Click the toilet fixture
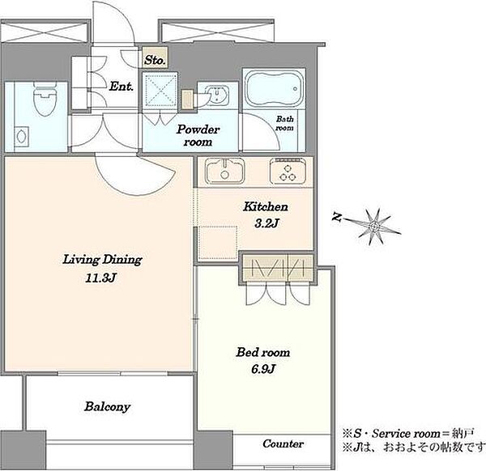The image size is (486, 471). click(45, 99)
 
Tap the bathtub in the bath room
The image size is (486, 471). click(274, 88)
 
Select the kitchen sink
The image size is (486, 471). click(225, 171)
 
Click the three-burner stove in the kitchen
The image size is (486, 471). click(288, 172)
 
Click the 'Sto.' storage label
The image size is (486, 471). click(155, 60)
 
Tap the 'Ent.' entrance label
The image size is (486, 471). click(122, 86)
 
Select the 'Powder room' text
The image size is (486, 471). click(198, 135)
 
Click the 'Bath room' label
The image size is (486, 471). click(284, 123)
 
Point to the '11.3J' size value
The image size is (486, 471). click(100, 278)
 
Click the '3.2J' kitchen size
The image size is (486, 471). click(266, 223)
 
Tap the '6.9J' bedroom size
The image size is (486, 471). click(263, 368)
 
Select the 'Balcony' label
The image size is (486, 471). click(107, 407)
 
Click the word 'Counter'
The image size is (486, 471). click(283, 443)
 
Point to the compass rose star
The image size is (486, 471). click(373, 227)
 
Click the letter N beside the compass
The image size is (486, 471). click(337, 217)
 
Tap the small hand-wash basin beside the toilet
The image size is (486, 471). click(22, 136)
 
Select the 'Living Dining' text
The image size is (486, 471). click(102, 260)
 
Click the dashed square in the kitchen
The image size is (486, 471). click(218, 243)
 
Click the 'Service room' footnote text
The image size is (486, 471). click(407, 434)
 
